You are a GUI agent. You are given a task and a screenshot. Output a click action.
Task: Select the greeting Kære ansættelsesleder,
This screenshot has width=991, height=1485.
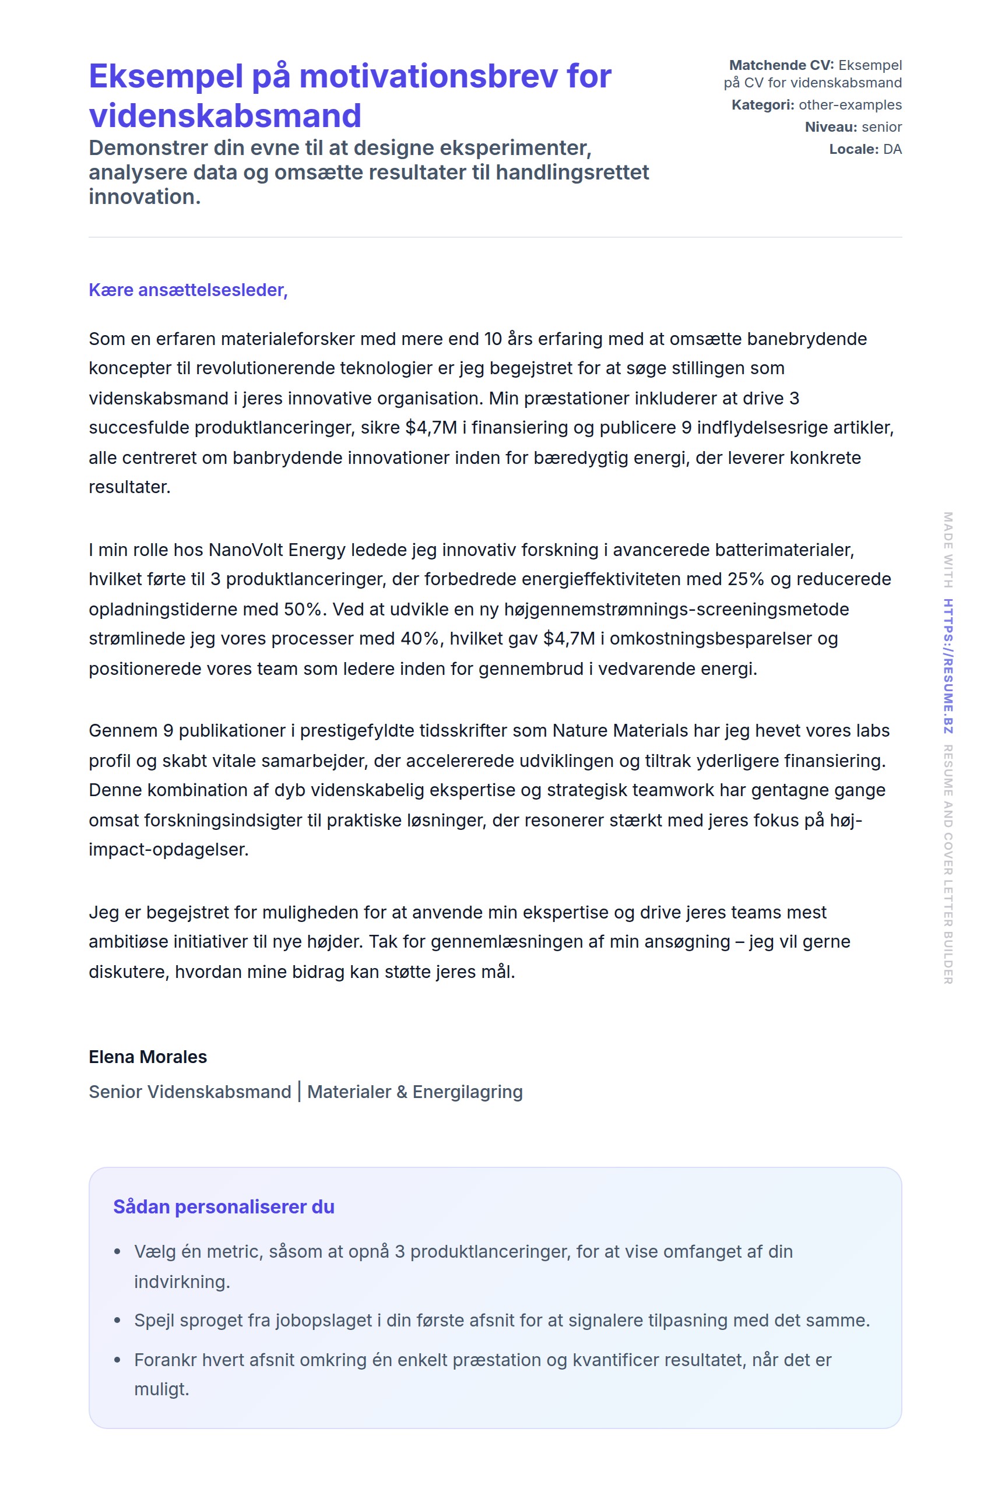pyautogui.click(x=188, y=290)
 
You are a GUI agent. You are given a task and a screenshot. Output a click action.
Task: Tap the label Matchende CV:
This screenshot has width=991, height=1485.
pyautogui.click(x=781, y=65)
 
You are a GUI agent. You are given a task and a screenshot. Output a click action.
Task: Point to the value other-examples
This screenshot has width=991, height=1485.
pyautogui.click(x=850, y=105)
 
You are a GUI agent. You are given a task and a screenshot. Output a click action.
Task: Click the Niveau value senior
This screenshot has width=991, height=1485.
pyautogui.click(x=881, y=127)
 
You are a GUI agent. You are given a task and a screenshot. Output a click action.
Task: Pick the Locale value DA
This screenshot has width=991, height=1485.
pyautogui.click(x=892, y=149)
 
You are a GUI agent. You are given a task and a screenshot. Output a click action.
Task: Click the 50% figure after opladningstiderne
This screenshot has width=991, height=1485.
pyautogui.click(x=303, y=609)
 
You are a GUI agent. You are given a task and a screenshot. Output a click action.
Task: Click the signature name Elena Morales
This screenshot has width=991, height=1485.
pyautogui.click(x=148, y=1057)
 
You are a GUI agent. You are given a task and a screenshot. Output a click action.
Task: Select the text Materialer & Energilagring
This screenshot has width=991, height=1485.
pyautogui.click(x=414, y=1092)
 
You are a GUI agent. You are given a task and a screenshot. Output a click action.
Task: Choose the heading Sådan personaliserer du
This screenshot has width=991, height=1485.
pyautogui.click(x=224, y=1207)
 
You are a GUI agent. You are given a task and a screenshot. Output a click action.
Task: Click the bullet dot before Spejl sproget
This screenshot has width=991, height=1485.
pyautogui.click(x=117, y=1320)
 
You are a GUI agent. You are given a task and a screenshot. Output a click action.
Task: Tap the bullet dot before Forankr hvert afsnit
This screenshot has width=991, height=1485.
pyautogui.click(x=117, y=1360)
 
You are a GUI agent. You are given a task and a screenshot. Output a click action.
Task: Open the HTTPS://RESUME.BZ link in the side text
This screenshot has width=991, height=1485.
pyautogui.click(x=948, y=666)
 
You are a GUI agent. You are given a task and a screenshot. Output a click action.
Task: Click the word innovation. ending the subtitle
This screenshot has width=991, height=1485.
pyautogui.click(x=145, y=197)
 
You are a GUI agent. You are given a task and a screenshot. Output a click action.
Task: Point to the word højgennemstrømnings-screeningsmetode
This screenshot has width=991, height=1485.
pyautogui.click(x=676, y=609)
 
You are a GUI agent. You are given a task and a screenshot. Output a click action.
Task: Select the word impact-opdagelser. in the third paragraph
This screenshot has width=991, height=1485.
pyautogui.click(x=168, y=849)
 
